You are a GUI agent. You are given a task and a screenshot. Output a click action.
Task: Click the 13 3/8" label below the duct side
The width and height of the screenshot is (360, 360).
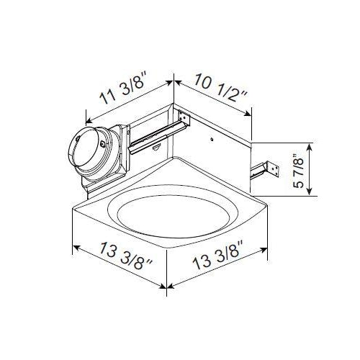tap(112, 267)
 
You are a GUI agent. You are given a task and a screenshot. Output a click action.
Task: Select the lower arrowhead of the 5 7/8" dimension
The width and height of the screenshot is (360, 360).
tap(311, 193)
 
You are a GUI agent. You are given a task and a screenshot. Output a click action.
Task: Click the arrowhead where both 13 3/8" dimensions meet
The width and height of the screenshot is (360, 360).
tap(168, 290)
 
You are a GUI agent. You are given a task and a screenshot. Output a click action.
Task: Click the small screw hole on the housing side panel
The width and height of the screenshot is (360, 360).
tap(214, 135)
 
